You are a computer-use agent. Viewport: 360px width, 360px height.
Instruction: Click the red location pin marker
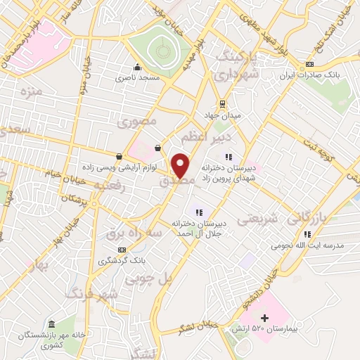180,165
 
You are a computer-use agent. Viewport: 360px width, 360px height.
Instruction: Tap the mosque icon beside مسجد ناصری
136,68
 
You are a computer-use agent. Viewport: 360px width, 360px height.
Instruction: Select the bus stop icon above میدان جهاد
222,103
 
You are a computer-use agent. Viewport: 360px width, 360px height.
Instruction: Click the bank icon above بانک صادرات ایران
310,65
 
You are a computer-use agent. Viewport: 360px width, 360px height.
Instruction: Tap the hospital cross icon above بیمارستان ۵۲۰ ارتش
264,318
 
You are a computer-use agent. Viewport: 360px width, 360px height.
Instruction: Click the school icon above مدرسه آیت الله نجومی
307,234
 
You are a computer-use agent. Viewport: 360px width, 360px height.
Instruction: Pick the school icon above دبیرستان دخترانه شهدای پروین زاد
228,157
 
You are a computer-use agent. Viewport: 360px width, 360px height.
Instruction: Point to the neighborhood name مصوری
134,122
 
